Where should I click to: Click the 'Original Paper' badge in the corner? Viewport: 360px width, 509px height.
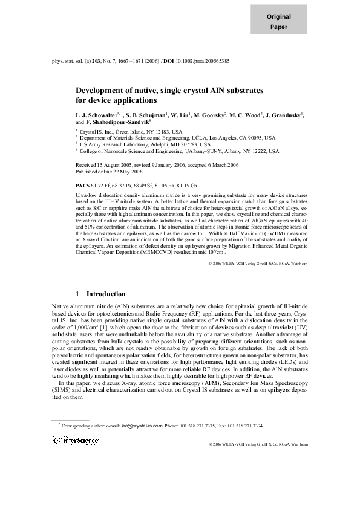(x=279, y=22)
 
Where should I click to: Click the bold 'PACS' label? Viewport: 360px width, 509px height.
(x=82, y=182)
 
